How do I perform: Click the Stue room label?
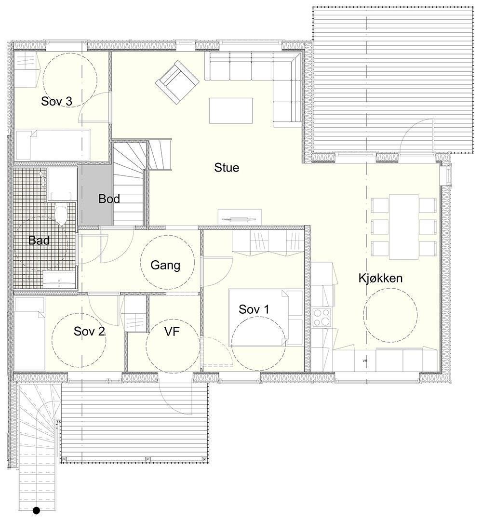point(227,168)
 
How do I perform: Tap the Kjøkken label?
point(380,278)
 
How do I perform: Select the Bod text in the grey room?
point(109,199)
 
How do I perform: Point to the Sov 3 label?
point(57,102)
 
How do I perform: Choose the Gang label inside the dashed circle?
point(165,265)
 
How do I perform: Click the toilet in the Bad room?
point(61,215)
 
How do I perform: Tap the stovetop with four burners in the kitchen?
point(322,318)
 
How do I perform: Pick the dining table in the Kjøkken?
point(403,226)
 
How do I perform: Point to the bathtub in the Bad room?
point(60,280)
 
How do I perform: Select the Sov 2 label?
point(89,331)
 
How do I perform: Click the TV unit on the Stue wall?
point(240,216)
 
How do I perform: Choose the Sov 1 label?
point(254,309)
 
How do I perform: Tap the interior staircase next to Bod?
point(129,183)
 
